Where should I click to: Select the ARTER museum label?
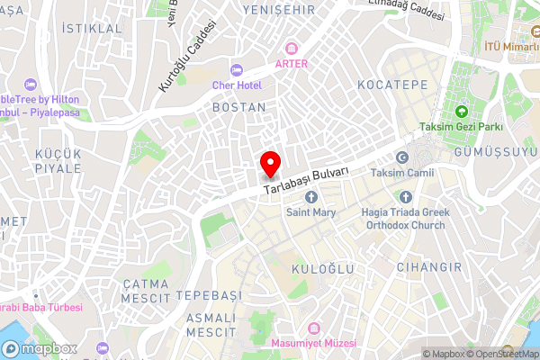coord(292,64)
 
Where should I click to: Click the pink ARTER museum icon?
coord(292,48)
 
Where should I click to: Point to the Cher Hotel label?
coord(236,85)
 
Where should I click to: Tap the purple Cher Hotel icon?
coord(237,70)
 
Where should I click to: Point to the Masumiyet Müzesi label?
coord(319,343)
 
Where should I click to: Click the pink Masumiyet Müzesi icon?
coord(314,328)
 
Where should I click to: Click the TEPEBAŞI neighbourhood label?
coord(209,296)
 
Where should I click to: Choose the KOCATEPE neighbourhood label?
coord(391,84)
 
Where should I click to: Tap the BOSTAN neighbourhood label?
coord(238,107)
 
